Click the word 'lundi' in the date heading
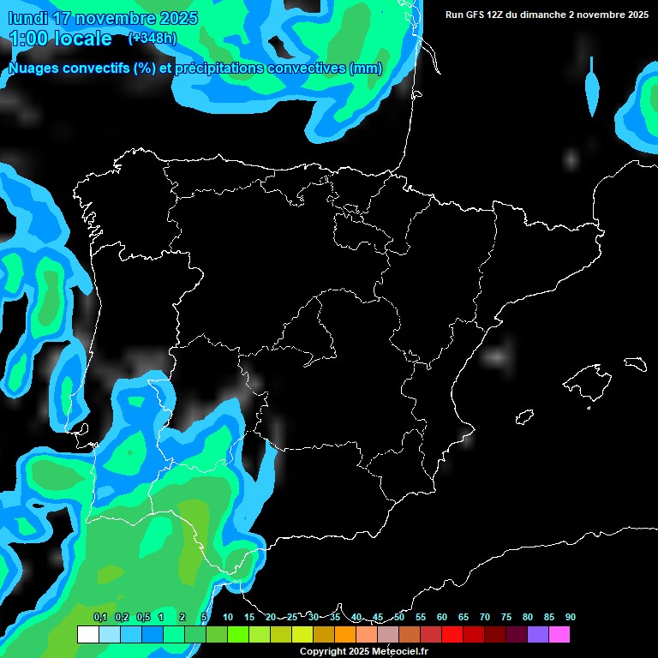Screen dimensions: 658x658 click(28, 18)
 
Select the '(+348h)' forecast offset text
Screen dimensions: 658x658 click(153, 39)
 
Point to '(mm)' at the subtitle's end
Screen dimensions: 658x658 click(366, 69)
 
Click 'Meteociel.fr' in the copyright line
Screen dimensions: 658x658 click(395, 652)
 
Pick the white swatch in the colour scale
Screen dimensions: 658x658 click(87, 635)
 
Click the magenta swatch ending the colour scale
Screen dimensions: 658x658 click(559, 635)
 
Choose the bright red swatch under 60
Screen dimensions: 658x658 click(452, 635)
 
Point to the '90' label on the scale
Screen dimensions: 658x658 click(571, 618)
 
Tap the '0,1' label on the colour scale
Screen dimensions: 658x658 click(100, 618)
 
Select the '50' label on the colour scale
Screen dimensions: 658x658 click(399, 618)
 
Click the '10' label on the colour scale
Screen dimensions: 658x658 click(228, 618)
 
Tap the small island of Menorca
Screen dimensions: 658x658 click(636, 363)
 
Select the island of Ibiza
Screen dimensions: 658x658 click(525, 416)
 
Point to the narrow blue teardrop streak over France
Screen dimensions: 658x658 click(591, 87)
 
